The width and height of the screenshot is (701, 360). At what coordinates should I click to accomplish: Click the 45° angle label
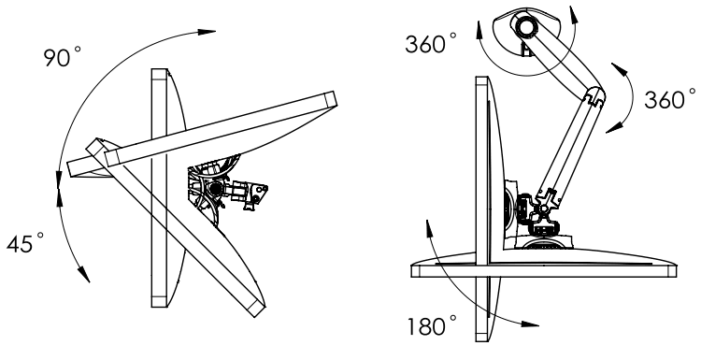pyautogui.click(x=28, y=244)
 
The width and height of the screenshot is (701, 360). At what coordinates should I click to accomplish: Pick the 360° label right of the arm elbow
pyautogui.click(x=669, y=98)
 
